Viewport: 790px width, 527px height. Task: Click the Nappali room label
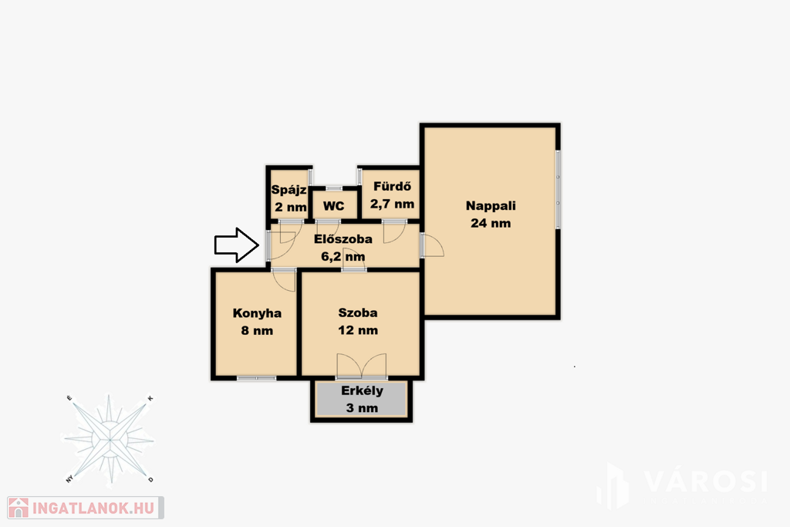coord(491,206)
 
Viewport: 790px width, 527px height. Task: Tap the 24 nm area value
coord(491,223)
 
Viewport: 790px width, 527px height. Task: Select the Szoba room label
coord(358,312)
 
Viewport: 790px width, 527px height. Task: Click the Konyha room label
coord(257,313)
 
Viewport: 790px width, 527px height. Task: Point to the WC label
coord(333,206)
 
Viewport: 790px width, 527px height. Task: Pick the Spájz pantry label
coord(289,190)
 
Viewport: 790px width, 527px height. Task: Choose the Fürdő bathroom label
coord(392,187)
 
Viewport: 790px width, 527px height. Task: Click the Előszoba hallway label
coord(343,239)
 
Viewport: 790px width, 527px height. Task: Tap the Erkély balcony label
coord(362,391)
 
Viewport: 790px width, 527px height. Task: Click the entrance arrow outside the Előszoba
coord(237,245)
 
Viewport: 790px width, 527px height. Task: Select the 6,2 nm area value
coord(343,256)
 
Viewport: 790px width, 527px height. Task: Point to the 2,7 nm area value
coord(392,204)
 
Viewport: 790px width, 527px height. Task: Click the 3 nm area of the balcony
coord(362,408)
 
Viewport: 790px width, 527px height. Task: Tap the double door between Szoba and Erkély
coord(362,367)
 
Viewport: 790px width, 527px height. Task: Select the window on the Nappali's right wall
coord(559,189)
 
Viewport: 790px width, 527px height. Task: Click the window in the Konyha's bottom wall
coord(256,378)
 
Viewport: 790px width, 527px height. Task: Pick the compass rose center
coord(110,440)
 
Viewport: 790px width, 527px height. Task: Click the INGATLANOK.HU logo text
coord(93,508)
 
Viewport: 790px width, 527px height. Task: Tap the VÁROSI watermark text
coord(706,481)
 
